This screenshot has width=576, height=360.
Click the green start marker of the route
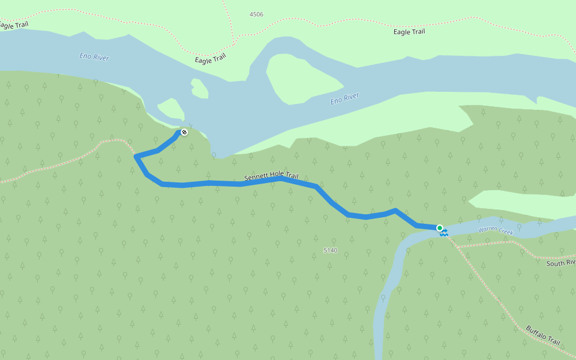pos(440,228)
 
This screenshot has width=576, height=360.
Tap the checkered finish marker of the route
pos(184,132)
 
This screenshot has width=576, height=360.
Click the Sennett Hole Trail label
pos(271,176)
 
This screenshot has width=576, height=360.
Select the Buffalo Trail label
pos(543,335)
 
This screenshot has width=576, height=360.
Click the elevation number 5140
pos(331,250)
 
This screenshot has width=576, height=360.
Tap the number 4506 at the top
pos(256,14)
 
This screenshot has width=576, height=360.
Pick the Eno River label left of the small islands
pos(94,57)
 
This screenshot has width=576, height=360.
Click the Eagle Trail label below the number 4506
pos(210,58)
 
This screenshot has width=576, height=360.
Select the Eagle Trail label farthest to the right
pos(409,32)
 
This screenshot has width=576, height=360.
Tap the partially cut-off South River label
pos(561,263)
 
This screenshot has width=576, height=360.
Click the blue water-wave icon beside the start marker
pos(445,233)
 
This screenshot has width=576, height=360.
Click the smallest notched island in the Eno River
pos(199,89)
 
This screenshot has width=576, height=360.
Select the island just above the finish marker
pos(172,109)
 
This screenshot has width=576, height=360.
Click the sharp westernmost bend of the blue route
pos(136,157)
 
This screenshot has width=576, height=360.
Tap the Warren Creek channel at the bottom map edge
pos(379,351)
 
